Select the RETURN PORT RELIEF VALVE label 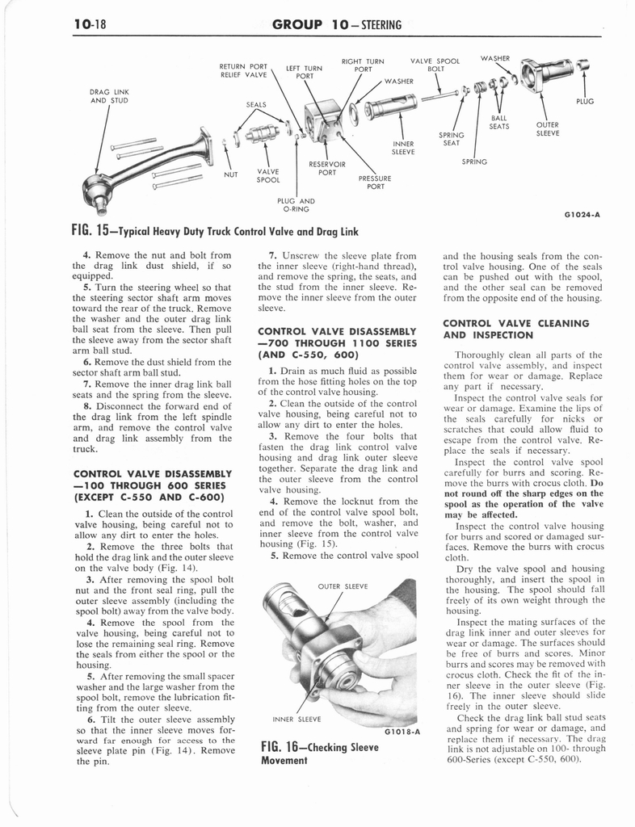pos(243,70)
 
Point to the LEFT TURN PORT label pos(304,73)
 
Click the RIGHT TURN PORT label pos(363,65)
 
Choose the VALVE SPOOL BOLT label pos(435,65)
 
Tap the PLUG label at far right pos(584,102)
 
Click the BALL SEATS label pos(499,122)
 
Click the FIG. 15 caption pos(213,232)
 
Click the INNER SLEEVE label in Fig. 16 pos(295,718)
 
